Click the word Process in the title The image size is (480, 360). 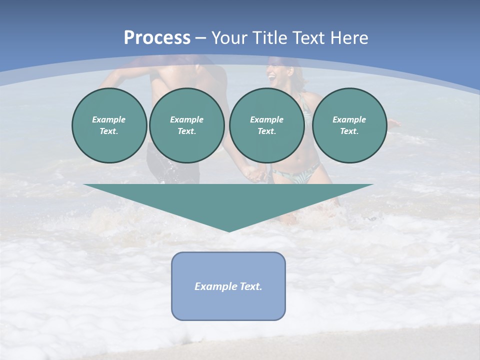pos(157,38)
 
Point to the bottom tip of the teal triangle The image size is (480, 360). pos(229,230)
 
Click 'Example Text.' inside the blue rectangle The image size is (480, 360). pos(228,286)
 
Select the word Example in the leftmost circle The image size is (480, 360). pos(109,119)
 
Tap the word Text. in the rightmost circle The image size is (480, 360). pos(349,131)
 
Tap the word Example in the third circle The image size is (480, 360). pos(266,119)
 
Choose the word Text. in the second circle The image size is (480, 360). pos(186,131)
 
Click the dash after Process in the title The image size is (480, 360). pos(201,38)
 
